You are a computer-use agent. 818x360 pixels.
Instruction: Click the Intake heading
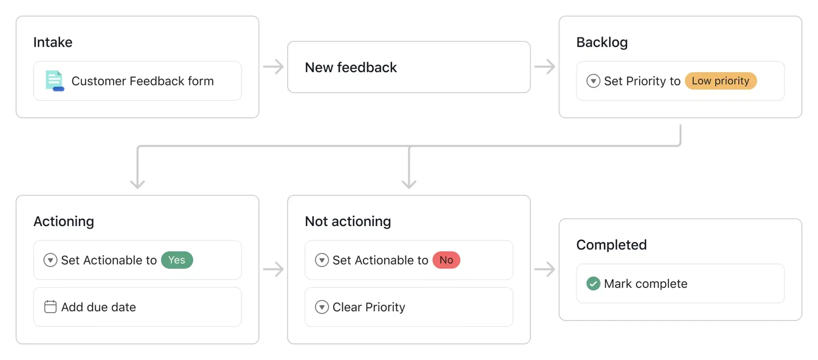pyautogui.click(x=53, y=42)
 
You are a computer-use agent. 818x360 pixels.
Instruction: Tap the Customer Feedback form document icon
pyautogui.click(x=54, y=81)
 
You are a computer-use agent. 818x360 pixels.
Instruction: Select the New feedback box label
pyautogui.click(x=351, y=67)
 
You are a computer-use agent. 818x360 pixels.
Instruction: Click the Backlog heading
pyautogui.click(x=602, y=42)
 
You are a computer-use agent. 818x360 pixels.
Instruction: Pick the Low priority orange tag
pyautogui.click(x=720, y=81)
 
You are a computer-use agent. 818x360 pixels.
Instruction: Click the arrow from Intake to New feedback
pyautogui.click(x=273, y=67)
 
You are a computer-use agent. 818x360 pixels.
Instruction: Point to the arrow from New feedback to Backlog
pyautogui.click(x=544, y=67)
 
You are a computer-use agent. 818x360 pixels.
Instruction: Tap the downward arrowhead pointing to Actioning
pyautogui.click(x=137, y=183)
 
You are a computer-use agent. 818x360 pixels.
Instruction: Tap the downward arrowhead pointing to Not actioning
pyautogui.click(x=409, y=183)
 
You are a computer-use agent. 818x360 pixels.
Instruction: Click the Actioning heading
pyautogui.click(x=64, y=221)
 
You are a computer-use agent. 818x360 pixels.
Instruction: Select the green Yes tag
pyautogui.click(x=177, y=260)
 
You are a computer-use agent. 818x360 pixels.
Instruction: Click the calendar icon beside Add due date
pyautogui.click(x=50, y=307)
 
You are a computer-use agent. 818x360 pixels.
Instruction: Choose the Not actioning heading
pyautogui.click(x=348, y=221)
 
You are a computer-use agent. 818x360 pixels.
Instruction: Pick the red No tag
pyautogui.click(x=446, y=260)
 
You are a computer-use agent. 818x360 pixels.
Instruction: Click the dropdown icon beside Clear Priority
pyautogui.click(x=322, y=307)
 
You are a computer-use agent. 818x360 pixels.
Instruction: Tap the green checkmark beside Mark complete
pyautogui.click(x=593, y=284)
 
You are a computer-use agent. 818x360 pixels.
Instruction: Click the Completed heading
pyautogui.click(x=611, y=245)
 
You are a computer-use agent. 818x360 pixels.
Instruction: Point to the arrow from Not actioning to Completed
pyautogui.click(x=544, y=269)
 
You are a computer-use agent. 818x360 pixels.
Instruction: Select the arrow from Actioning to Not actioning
pyautogui.click(x=273, y=269)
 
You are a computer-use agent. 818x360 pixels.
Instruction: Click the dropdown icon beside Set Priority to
pyautogui.click(x=593, y=81)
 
